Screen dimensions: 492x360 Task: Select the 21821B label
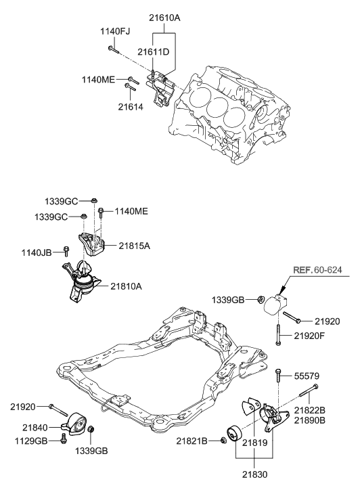194,441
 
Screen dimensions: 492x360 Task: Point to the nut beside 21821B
223,441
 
